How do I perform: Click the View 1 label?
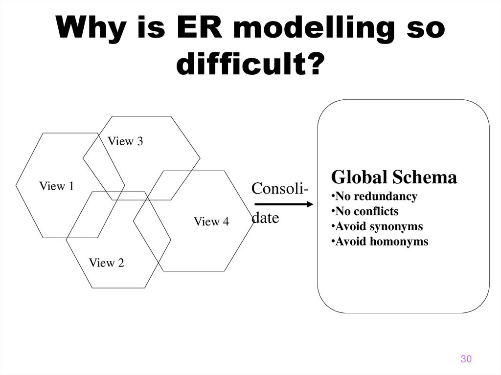pos(56,186)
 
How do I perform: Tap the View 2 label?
pos(106,263)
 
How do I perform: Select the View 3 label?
pos(125,142)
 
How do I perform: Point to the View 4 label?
pos(211,221)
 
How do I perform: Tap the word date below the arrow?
pos(265,218)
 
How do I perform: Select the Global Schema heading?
pos(394,177)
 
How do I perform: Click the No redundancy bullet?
pos(374,197)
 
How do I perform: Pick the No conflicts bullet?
pos(364,212)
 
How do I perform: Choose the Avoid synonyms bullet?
pos(377,227)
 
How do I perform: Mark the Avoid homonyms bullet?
pos(380,242)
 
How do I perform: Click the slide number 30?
pos(466,359)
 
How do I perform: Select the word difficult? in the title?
pos(250,64)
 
